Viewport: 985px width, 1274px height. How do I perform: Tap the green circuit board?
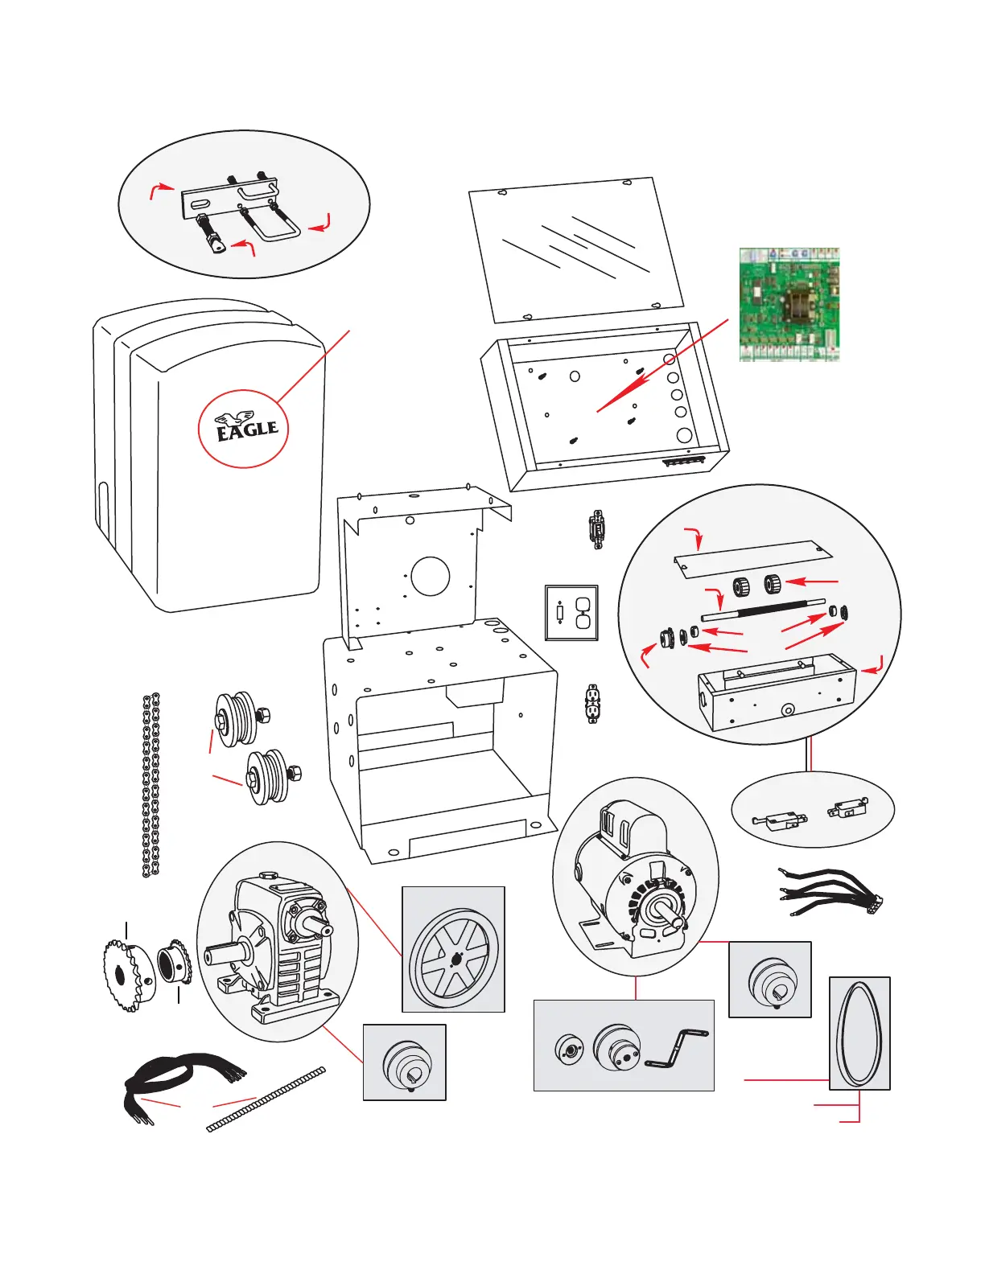(x=789, y=305)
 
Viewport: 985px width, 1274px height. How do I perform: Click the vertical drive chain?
(x=150, y=784)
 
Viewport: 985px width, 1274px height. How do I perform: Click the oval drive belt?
(x=859, y=1033)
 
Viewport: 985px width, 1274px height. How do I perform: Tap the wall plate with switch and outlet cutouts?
(x=571, y=613)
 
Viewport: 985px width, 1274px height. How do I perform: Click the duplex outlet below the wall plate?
(x=593, y=705)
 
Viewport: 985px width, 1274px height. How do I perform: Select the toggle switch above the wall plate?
(x=597, y=529)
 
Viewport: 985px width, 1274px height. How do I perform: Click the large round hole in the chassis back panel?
(x=431, y=576)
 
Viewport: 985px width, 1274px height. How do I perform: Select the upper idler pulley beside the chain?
(x=237, y=717)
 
